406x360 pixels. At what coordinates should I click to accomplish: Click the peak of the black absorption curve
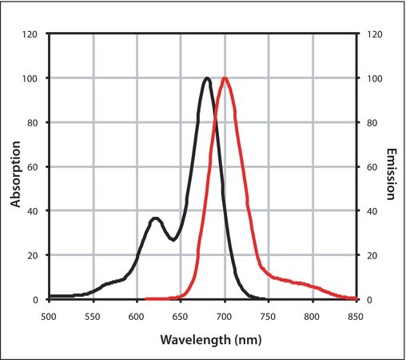tap(207, 78)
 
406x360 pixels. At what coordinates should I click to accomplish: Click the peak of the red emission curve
tap(225, 78)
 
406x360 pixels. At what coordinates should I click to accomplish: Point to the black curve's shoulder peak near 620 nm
tap(156, 218)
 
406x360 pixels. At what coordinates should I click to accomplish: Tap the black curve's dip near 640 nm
tap(173, 239)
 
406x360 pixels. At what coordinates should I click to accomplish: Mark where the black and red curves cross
tap(215, 118)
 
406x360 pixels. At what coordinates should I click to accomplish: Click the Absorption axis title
tap(15, 174)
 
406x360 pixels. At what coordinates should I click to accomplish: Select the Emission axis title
tap(391, 174)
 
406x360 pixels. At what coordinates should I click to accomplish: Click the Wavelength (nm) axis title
tap(211, 340)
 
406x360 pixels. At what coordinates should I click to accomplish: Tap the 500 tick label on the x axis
tap(49, 317)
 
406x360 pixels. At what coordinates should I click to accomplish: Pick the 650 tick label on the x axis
tap(180, 317)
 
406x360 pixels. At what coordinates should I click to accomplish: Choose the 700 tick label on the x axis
tap(224, 317)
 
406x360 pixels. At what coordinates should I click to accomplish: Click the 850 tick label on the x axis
tap(356, 317)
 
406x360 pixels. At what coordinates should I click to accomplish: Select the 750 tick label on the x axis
tap(268, 317)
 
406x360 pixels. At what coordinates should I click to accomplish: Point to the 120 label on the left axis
tap(30, 34)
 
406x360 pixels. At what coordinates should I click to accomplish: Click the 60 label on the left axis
tap(32, 167)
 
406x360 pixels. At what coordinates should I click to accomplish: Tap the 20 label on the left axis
tap(32, 255)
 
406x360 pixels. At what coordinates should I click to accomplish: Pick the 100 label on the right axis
tap(374, 78)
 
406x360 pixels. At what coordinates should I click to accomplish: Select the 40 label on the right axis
tap(372, 211)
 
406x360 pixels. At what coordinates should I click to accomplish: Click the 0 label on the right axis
tap(369, 300)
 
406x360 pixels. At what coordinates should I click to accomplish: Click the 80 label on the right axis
tap(372, 123)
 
